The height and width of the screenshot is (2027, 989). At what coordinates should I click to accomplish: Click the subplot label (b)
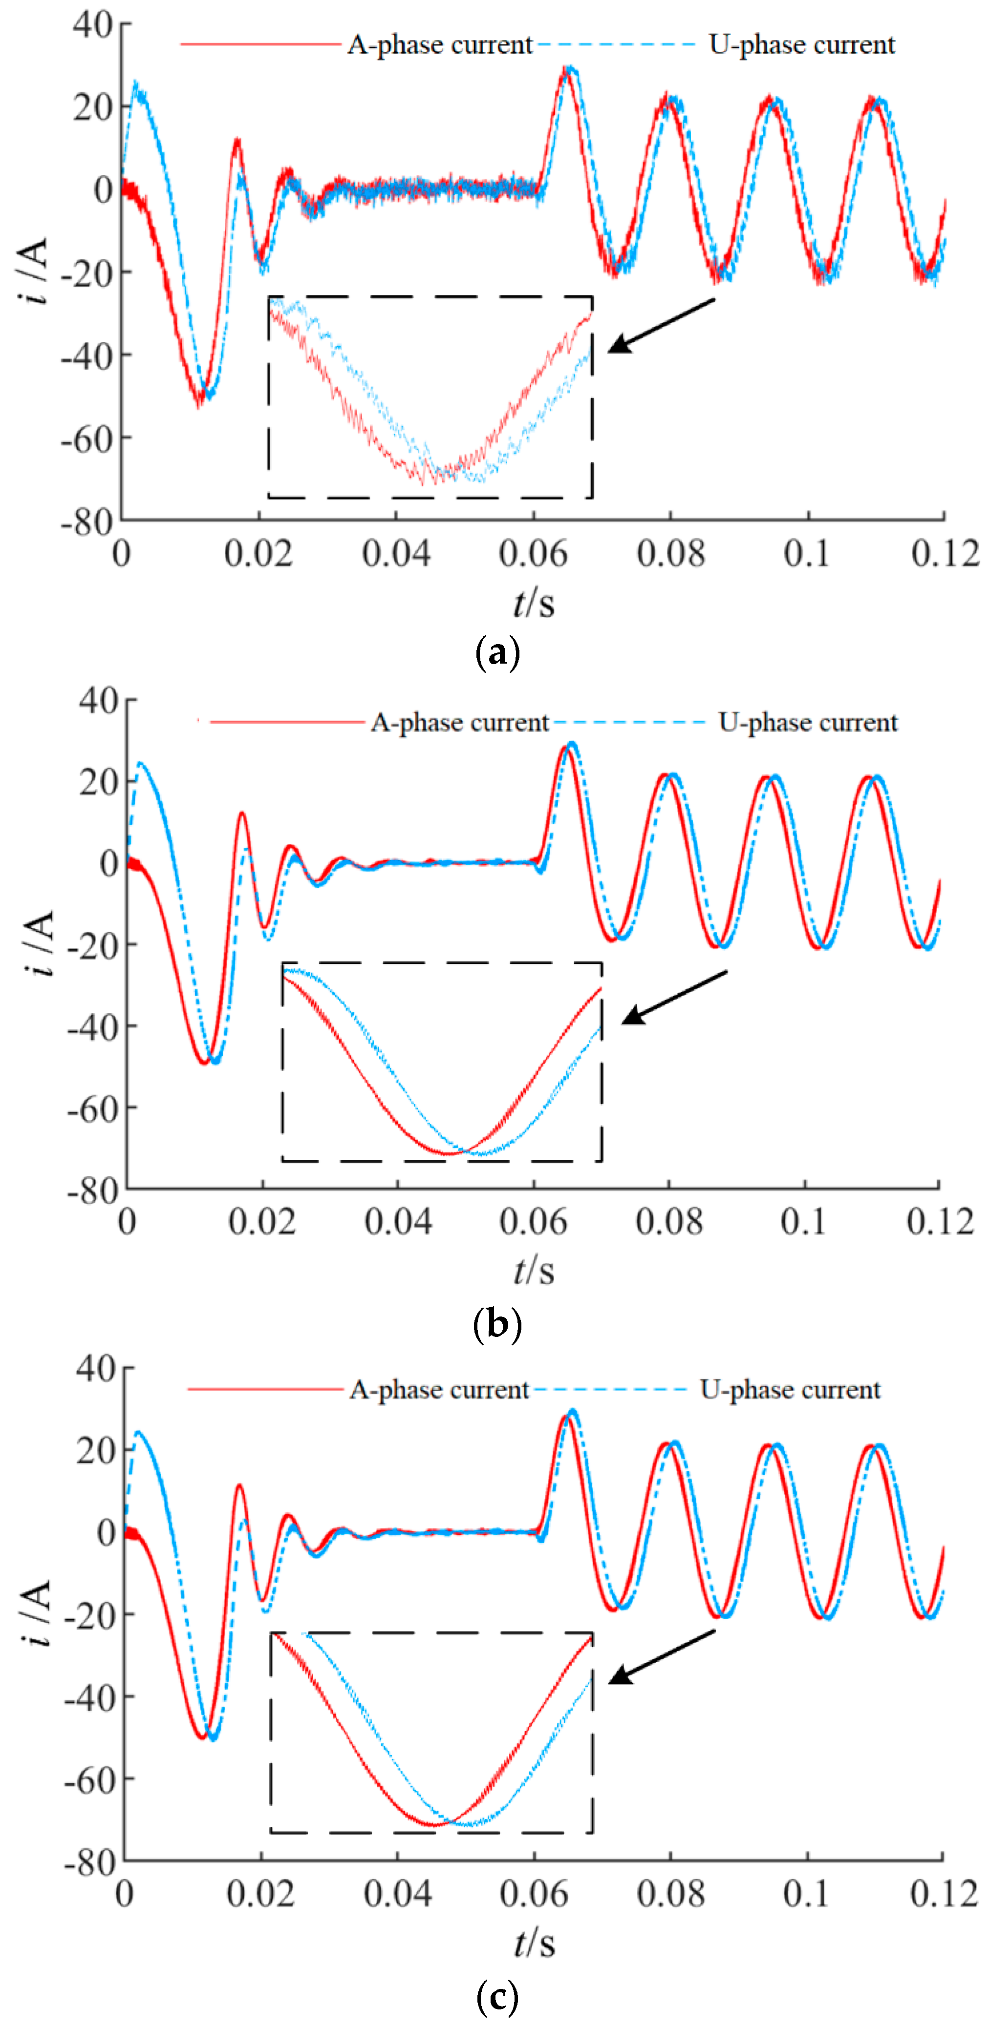click(x=497, y=1324)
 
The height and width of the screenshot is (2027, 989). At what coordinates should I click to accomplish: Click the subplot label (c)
click(x=497, y=1996)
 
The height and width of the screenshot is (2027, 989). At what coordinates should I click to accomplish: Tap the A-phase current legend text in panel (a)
click(x=439, y=45)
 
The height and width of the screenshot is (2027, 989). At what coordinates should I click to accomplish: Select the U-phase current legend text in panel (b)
click(x=808, y=722)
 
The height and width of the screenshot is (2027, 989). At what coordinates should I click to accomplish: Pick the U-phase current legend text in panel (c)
click(x=790, y=1390)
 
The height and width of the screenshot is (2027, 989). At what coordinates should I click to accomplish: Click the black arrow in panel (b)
click(x=673, y=998)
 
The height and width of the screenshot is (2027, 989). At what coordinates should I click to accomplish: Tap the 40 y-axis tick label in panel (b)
click(x=98, y=700)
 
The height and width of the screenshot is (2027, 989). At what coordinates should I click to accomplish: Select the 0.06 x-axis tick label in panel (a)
click(x=533, y=554)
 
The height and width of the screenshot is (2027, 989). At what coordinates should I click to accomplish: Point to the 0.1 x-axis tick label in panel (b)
click(x=803, y=1222)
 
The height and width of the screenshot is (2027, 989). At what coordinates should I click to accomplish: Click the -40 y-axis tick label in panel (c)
click(x=90, y=1697)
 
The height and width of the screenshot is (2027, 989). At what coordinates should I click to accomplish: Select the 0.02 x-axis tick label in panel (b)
click(x=262, y=1222)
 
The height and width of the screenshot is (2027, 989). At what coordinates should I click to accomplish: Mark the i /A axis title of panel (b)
click(x=38, y=942)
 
